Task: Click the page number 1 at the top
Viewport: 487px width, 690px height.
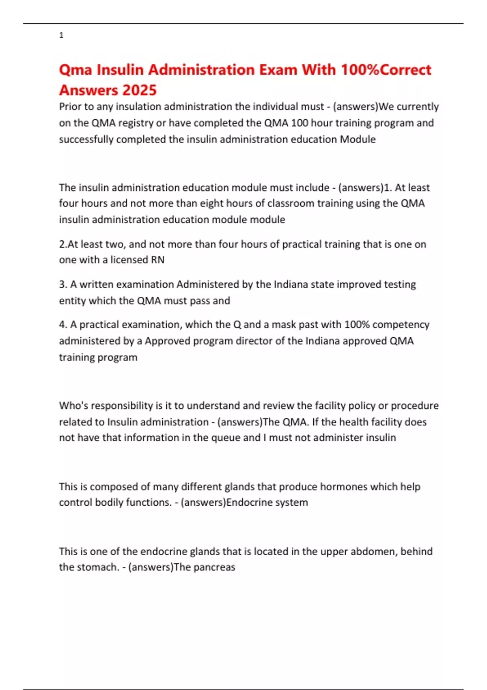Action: [61, 35]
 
